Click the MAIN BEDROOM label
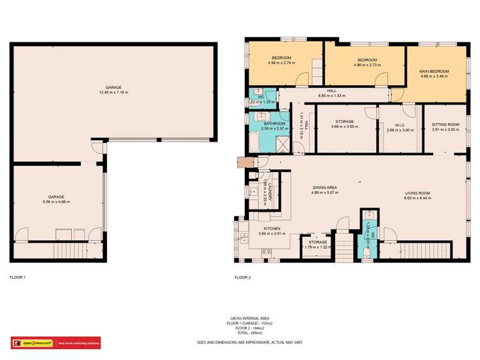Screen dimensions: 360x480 [x=434, y=71]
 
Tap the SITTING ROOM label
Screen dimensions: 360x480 [x=445, y=125]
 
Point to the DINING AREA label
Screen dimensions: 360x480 [x=324, y=187]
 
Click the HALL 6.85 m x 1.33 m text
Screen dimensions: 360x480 [x=331, y=94]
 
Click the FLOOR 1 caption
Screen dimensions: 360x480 [x=17, y=277]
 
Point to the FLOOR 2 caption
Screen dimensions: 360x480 [x=242, y=277]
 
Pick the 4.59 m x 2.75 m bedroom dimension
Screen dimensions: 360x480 [x=281, y=63]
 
